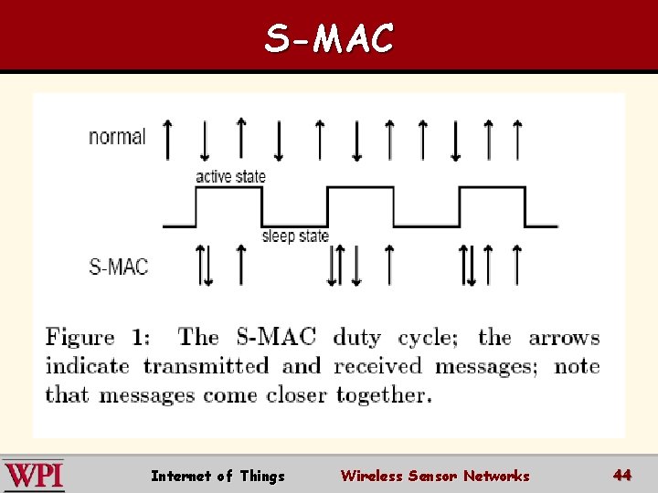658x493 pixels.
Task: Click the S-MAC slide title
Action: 329,38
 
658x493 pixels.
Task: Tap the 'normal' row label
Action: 117,137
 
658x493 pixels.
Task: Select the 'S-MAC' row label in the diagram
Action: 119,267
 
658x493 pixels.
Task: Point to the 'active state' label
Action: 230,176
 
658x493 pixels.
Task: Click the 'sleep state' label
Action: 295,236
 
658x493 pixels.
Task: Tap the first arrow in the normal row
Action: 166,139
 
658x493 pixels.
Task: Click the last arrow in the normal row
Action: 517,139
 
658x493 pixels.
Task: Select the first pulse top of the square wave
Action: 229,187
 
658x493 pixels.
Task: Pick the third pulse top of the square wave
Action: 491,187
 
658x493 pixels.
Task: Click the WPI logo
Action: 33,476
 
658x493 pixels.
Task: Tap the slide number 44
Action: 622,475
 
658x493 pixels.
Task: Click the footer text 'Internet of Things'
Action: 218,476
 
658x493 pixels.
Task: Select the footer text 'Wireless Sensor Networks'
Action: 435,476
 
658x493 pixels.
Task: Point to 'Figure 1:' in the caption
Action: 98,337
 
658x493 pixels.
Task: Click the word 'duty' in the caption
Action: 357,338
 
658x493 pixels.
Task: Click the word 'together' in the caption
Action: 384,395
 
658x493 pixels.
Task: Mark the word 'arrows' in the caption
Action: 564,338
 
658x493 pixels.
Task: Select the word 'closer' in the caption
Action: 297,395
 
